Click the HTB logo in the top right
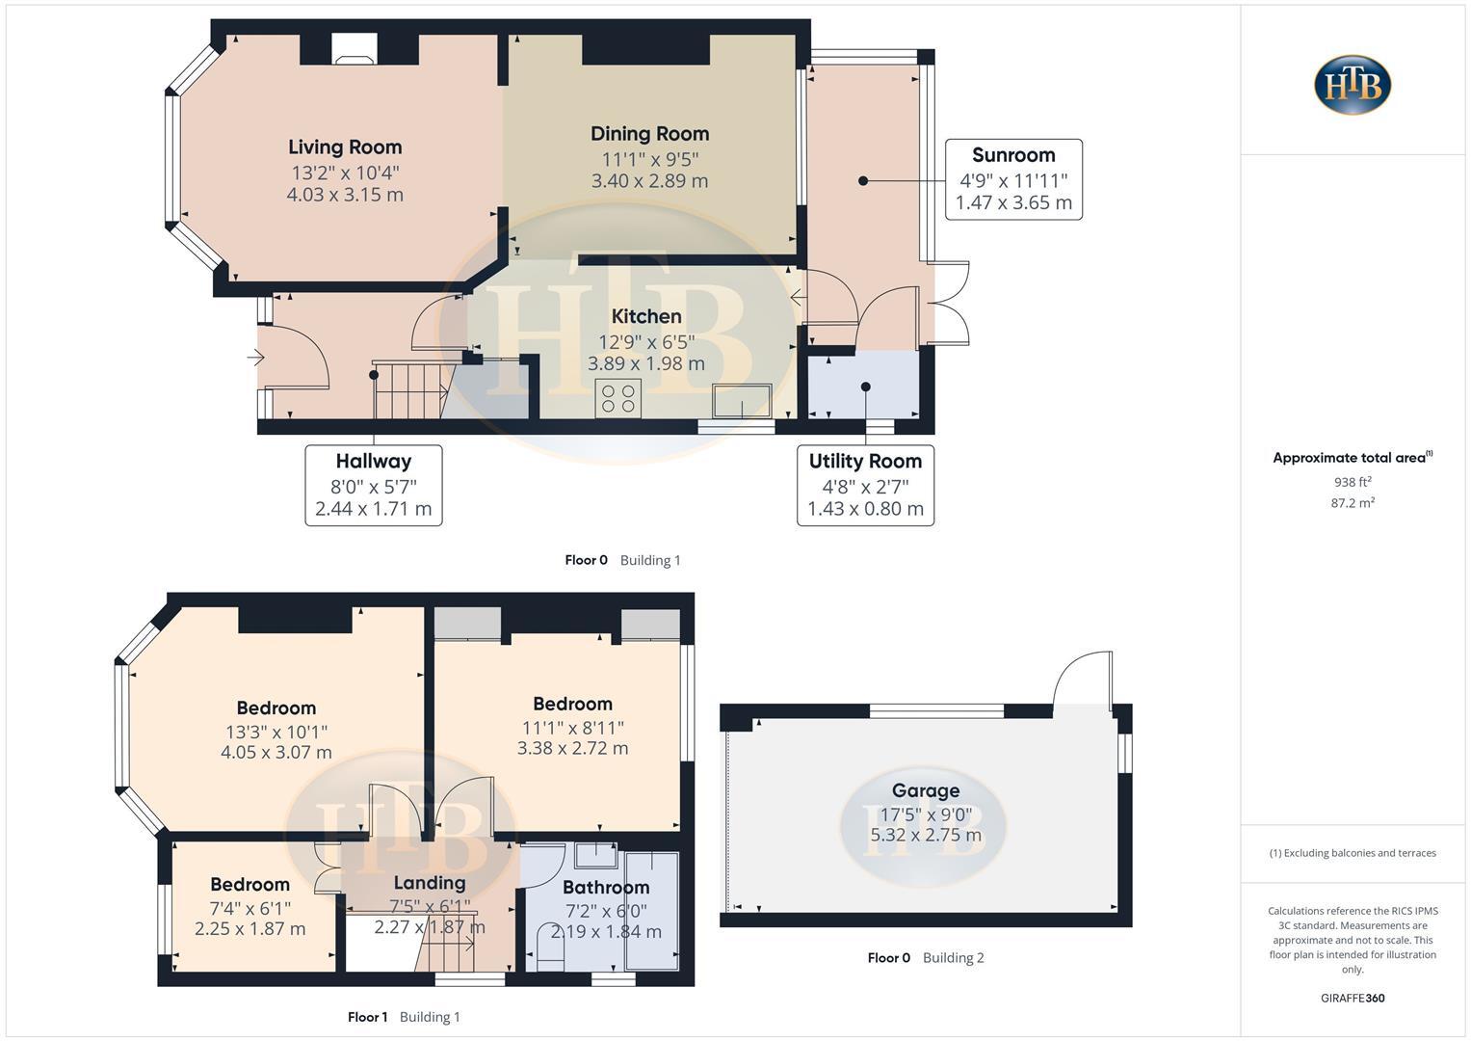pos(1353,85)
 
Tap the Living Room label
pos(345,147)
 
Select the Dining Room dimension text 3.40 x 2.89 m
pos(649,180)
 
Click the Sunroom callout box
pos(1013,179)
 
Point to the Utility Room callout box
pos(865,485)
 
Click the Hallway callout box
pos(374,485)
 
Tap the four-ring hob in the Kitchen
pos(618,398)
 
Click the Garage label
pos(925,790)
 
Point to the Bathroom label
pos(606,887)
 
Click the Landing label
pos(429,882)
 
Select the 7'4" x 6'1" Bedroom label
pos(250,884)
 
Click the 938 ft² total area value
pos(1353,482)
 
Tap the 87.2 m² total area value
pos(1353,502)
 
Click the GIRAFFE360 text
pos(1353,998)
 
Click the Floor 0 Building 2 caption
pos(925,957)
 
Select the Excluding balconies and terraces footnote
pos(1353,853)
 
